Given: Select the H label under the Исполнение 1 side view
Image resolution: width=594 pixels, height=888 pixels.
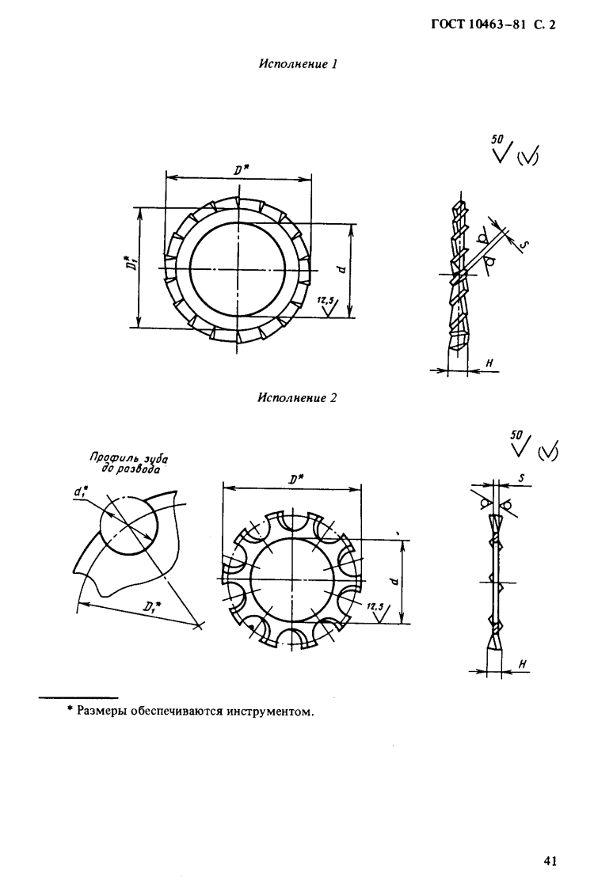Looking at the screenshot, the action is click(490, 363).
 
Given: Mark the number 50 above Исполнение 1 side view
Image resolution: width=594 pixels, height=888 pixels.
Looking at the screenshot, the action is click(497, 139).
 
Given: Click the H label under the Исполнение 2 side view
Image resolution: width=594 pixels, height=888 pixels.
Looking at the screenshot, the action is click(522, 663).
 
